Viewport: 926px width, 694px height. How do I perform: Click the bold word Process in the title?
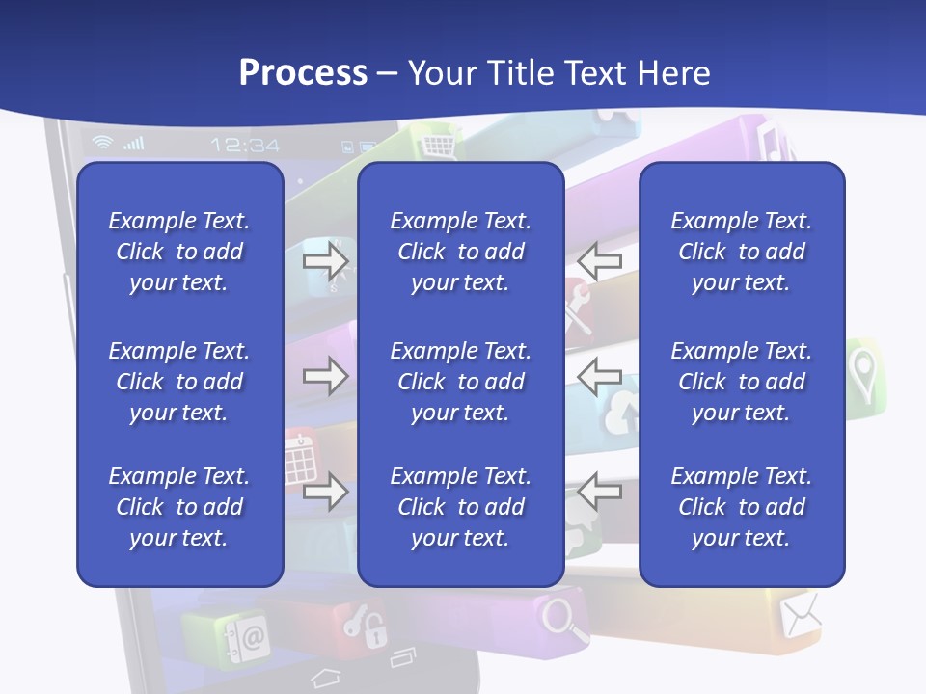303,73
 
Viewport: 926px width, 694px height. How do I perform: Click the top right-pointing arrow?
325,260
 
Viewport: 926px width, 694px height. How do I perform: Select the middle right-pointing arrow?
325,376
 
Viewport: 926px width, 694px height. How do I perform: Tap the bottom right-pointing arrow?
325,492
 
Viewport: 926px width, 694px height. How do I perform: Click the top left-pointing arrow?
600,260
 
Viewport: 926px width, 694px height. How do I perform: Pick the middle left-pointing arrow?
600,376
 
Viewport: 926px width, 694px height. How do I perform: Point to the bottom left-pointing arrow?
600,492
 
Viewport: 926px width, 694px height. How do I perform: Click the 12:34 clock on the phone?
245,146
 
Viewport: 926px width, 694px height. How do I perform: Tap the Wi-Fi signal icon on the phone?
101,144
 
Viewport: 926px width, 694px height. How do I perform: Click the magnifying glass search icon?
565,618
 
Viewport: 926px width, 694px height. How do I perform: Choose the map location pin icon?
861,368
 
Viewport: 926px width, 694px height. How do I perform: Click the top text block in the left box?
179,252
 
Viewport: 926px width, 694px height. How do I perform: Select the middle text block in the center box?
460,382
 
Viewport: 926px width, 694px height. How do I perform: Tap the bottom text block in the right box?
741,507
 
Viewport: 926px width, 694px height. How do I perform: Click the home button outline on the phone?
326,678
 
